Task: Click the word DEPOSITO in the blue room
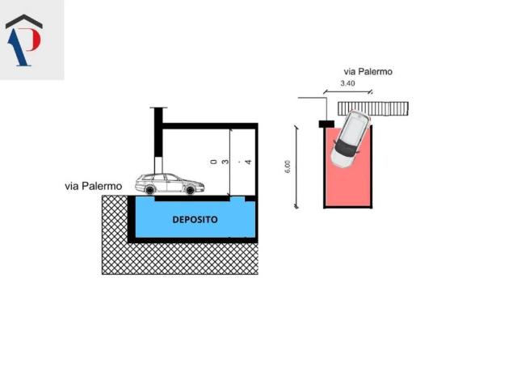[x=195, y=219]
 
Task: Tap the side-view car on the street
[x=169, y=184]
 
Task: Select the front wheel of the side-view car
[x=190, y=191]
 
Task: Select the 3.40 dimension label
[x=347, y=83]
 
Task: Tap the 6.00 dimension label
[x=287, y=166]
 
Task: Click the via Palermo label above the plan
[x=368, y=71]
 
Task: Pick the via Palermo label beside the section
[x=94, y=186]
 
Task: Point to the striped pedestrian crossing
[x=373, y=108]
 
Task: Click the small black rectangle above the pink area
[x=327, y=124]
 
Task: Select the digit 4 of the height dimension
[x=248, y=162]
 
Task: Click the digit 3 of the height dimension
[x=225, y=162]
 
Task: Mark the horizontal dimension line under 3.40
[x=347, y=91]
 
